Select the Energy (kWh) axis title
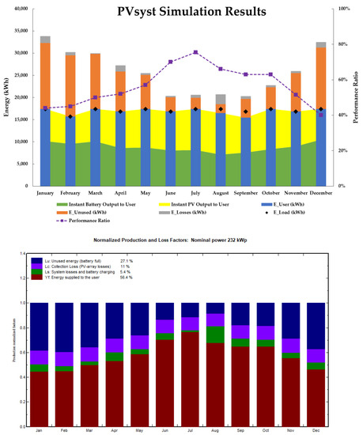point(7,96)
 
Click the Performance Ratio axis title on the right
point(357,96)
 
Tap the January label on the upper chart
point(45,192)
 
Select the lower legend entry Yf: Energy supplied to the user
point(78,277)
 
